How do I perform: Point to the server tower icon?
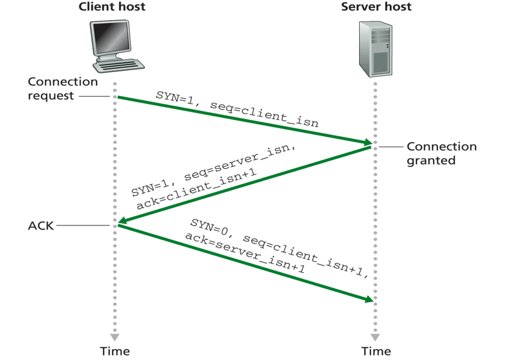[375, 49]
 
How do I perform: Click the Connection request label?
[62, 88]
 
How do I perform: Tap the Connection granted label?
[441, 153]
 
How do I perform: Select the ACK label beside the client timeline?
[40, 226]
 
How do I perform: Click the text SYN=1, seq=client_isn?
[237, 109]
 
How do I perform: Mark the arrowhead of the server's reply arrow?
[121, 221]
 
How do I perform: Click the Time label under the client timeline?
[114, 351]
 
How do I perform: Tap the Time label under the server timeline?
[375, 351]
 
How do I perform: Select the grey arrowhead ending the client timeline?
[114, 336]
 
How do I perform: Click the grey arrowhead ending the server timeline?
[375, 336]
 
